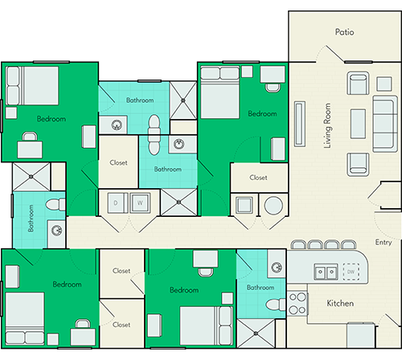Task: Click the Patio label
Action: (344, 32)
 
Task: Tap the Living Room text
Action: (327, 125)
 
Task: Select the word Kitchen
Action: (340, 303)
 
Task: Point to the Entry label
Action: (384, 243)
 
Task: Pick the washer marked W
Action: (140, 203)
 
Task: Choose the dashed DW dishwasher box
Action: (351, 272)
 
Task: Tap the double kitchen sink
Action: (326, 272)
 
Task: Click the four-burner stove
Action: (297, 304)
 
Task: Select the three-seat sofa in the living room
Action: (385, 124)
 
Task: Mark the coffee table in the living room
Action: (358, 124)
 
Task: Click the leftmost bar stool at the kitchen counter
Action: (298, 244)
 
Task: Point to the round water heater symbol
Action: (273, 206)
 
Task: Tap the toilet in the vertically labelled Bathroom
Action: (55, 205)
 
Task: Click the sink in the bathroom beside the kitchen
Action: (277, 268)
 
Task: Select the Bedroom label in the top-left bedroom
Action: (51, 119)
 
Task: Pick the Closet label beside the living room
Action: (258, 178)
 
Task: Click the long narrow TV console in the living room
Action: (300, 124)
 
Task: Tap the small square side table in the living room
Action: (384, 84)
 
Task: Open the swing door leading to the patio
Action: (334, 54)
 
